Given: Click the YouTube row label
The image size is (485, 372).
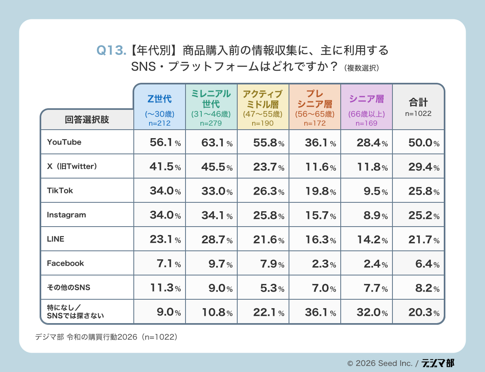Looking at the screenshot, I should [64, 142].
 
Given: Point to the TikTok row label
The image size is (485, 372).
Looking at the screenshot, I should [60, 191].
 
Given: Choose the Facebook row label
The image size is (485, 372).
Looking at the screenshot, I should [65, 263].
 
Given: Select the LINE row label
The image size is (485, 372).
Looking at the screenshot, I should [56, 239].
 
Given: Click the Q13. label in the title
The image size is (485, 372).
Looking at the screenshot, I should [112, 50].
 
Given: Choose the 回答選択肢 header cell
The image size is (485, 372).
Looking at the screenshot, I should [87, 120].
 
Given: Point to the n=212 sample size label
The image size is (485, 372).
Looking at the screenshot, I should [159, 123].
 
